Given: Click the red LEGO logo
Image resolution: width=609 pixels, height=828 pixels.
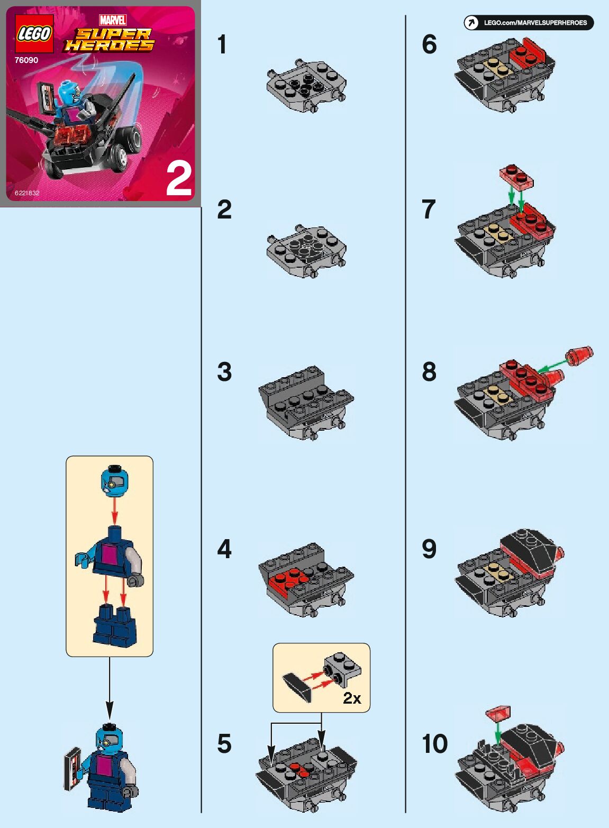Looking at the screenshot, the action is tap(34, 34).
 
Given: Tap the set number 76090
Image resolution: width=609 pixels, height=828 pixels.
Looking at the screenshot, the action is tap(26, 60).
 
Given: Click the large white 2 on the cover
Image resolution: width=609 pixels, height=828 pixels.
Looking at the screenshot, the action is tap(179, 180).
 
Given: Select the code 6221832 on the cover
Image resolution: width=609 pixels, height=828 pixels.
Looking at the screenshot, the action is tap(27, 193).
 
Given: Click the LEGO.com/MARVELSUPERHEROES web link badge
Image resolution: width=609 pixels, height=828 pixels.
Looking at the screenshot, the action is tap(529, 23).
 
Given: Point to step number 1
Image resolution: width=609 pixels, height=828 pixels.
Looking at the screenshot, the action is tap(222, 44).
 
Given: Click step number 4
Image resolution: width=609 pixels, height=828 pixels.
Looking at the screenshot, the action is tap(224, 549).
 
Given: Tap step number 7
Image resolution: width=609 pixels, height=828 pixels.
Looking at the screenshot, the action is tap(429, 209).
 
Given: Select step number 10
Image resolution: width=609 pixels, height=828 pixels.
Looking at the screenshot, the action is tap(434, 744).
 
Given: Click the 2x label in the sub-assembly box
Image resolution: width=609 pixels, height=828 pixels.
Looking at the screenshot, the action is tap(352, 698).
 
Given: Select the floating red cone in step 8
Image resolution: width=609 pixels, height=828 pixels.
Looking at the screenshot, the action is tap(580, 356).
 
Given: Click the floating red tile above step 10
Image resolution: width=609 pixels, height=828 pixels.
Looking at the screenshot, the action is tap(499, 713).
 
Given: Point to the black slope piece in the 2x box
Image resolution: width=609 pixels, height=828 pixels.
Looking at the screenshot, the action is tap(297, 687).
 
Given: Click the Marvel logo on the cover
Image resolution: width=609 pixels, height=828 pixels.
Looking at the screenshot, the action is tap(113, 20).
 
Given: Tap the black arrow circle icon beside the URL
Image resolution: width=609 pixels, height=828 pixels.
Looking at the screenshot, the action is tap(471, 23).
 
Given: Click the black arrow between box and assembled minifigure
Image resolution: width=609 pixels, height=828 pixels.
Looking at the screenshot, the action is tap(110, 688).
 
